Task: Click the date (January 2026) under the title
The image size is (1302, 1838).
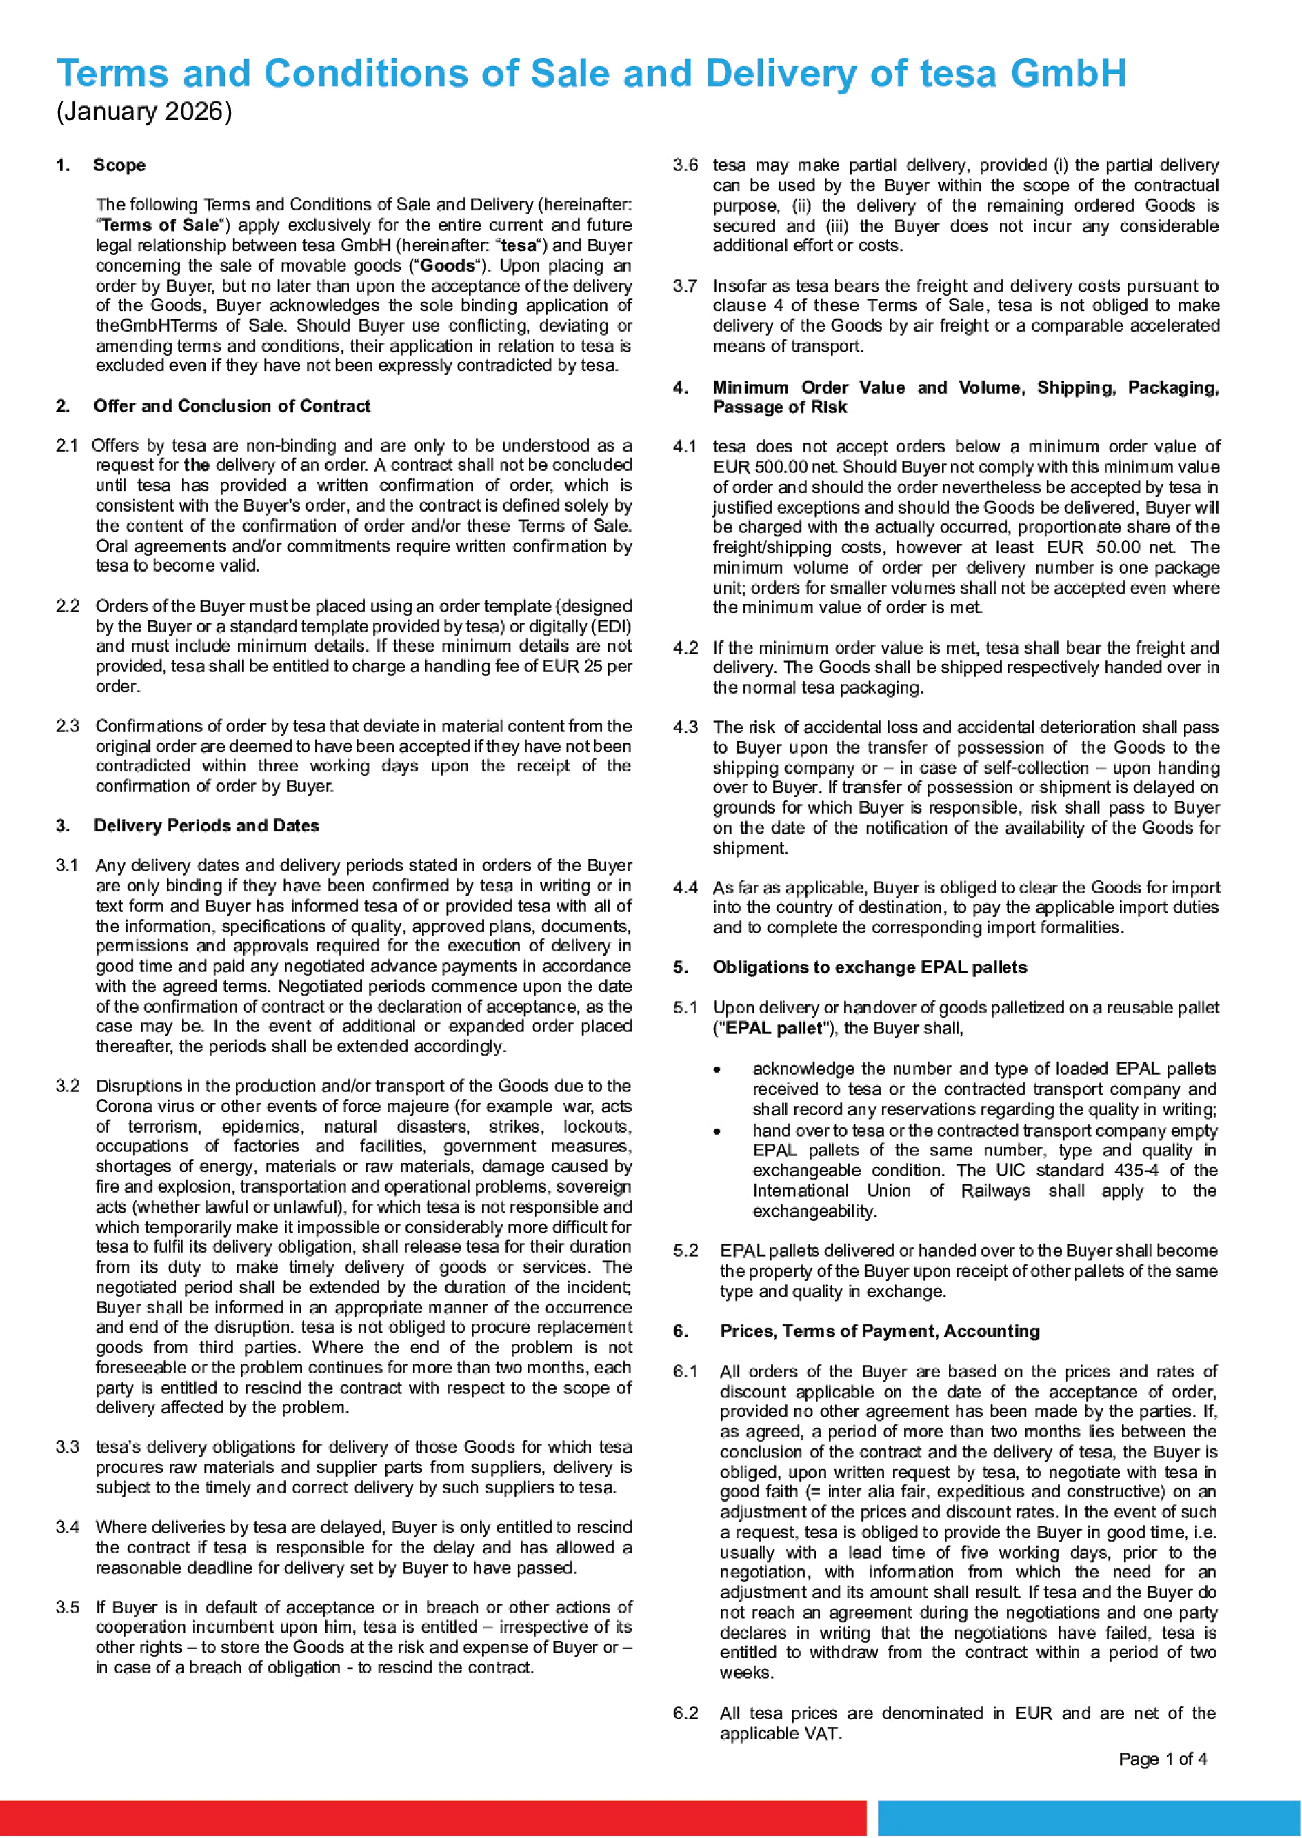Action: [144, 112]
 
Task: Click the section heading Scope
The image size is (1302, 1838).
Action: [119, 165]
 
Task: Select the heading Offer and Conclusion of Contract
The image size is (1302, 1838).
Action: [232, 405]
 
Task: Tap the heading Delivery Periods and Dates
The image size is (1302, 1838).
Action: [206, 826]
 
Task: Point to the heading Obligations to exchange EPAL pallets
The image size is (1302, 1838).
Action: [870, 967]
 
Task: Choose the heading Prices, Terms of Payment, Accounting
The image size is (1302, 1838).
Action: [879, 1331]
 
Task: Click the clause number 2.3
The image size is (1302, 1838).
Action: [68, 726]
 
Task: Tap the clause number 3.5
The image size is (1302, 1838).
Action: [68, 1608]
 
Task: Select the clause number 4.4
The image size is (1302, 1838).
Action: [685, 888]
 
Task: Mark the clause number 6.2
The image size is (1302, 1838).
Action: [685, 1714]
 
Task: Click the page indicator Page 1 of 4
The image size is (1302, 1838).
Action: [1163, 1759]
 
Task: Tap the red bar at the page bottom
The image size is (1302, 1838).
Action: [433, 1818]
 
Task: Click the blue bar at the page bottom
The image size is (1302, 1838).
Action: [1089, 1818]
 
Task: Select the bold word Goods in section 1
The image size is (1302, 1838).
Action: [448, 266]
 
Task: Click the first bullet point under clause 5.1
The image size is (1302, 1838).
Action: [717, 1070]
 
